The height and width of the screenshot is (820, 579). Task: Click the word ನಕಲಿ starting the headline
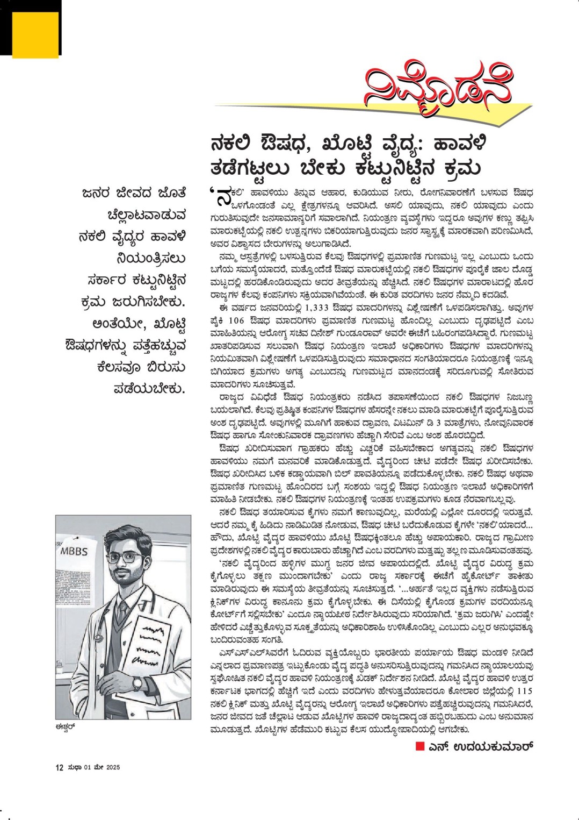tap(237, 145)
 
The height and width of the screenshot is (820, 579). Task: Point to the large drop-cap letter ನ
tap(222, 198)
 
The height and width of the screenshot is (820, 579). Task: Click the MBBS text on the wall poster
tap(74, 551)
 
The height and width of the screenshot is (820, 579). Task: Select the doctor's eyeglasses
tap(125, 557)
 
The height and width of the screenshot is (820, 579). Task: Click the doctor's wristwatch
tap(137, 683)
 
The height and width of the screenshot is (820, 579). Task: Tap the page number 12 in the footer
tap(60, 767)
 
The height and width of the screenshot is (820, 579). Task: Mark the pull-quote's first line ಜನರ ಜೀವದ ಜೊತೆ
tap(134, 193)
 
